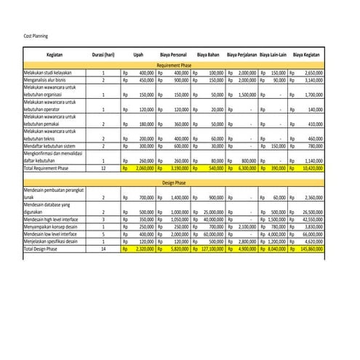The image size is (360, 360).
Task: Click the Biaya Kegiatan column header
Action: pos(308,55)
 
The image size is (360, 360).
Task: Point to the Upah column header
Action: pos(137,55)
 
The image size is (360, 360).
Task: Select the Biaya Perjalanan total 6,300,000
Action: pos(245,168)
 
